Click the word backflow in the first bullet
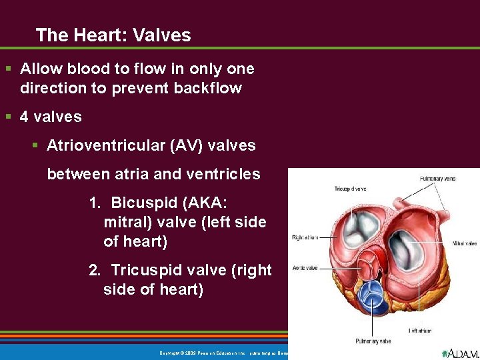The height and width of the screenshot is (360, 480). pos(209,88)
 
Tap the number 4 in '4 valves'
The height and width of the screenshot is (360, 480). pos(25,117)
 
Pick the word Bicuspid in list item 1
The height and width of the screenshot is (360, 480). pos(140,202)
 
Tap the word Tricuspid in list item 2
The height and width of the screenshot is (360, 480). pos(143,270)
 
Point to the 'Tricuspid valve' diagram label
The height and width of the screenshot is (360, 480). pos(350,189)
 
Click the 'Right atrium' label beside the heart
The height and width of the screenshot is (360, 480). pos(304,237)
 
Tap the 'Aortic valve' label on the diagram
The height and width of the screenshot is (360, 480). pos(304,268)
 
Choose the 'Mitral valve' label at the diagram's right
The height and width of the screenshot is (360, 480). pos(464,244)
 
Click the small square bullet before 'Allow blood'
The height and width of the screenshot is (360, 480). pos(9,69)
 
